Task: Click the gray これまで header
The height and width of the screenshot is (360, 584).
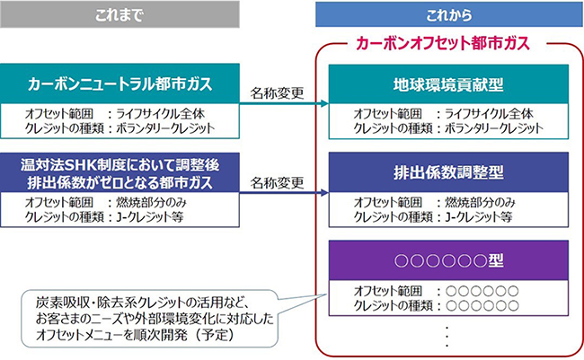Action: coord(119,14)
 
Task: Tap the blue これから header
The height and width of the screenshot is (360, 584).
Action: coord(449,14)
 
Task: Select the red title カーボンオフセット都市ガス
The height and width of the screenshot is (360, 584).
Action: coord(442,43)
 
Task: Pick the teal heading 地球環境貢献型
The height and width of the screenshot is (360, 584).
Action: coord(448,84)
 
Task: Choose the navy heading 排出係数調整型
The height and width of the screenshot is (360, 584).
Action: coord(448,172)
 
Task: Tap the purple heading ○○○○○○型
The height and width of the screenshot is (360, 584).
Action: coord(448,260)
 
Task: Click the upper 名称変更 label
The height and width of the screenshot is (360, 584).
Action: coord(277,93)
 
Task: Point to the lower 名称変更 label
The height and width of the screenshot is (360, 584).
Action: coord(277,183)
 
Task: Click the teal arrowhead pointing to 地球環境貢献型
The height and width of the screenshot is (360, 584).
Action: coord(324,103)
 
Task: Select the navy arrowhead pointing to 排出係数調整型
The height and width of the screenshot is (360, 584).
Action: coord(324,192)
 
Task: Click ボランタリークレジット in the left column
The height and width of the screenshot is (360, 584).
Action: coord(165,128)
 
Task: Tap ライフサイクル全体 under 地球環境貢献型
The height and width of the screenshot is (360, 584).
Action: coord(489,113)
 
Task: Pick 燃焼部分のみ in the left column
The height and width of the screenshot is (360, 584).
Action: coord(151,203)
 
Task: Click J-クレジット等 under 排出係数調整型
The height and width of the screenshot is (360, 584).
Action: coord(479,216)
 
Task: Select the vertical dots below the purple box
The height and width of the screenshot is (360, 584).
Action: coord(447,337)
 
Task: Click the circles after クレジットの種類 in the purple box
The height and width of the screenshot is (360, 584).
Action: coord(482,305)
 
